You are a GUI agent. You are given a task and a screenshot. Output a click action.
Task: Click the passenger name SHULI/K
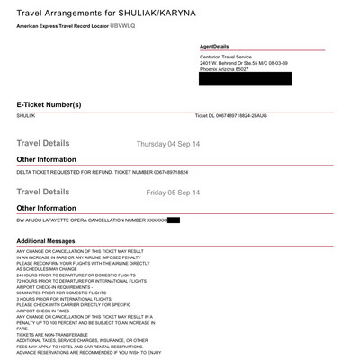26,116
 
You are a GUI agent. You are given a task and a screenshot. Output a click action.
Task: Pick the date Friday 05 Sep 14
173,193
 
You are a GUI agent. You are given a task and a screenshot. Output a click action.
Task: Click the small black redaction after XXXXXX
173,220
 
